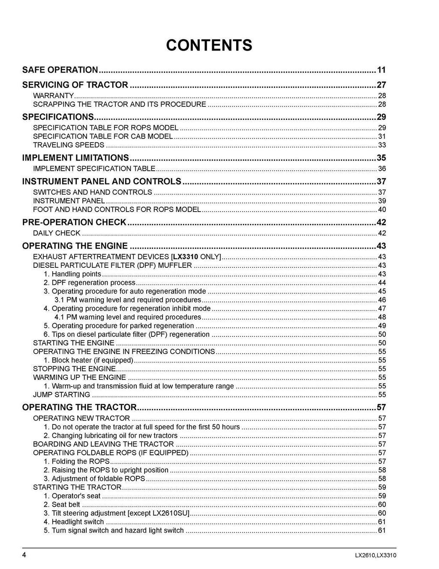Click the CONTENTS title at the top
pos(209,45)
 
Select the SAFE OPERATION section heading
pos(60,70)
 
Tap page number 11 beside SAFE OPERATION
pos(381,70)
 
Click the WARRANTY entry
pos(54,96)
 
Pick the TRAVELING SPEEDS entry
pos(69,145)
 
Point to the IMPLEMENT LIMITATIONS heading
pos(75,157)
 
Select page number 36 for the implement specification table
pos(382,169)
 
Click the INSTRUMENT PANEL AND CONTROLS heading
pos(102,181)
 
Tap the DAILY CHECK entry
pos(57,233)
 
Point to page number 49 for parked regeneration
pos(382,326)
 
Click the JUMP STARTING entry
pos(62,394)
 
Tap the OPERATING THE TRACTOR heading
pos(79,407)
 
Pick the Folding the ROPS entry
pos(77,461)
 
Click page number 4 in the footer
pos(24,555)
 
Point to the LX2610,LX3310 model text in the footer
pos(375,555)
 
